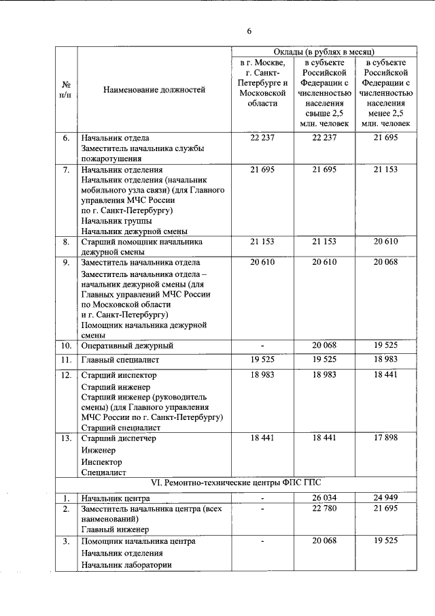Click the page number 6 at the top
[x=249, y=31]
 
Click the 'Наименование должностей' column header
[x=154, y=88]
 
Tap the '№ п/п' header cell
[x=67, y=89]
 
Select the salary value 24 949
[x=386, y=498]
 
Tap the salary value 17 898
[x=386, y=438]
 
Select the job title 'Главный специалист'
[x=121, y=359]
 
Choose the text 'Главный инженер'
[x=114, y=528]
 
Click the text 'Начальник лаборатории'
[x=126, y=564]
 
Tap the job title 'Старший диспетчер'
[x=118, y=438]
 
